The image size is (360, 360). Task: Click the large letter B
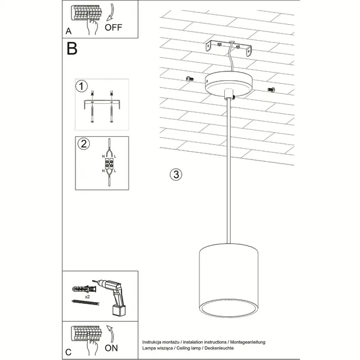point(71,49)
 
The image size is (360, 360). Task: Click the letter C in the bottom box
point(68,352)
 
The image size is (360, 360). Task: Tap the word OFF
point(113,27)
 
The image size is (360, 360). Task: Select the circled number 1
point(81,87)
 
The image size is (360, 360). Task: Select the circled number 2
point(83,143)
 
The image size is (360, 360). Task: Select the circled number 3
point(175,174)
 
